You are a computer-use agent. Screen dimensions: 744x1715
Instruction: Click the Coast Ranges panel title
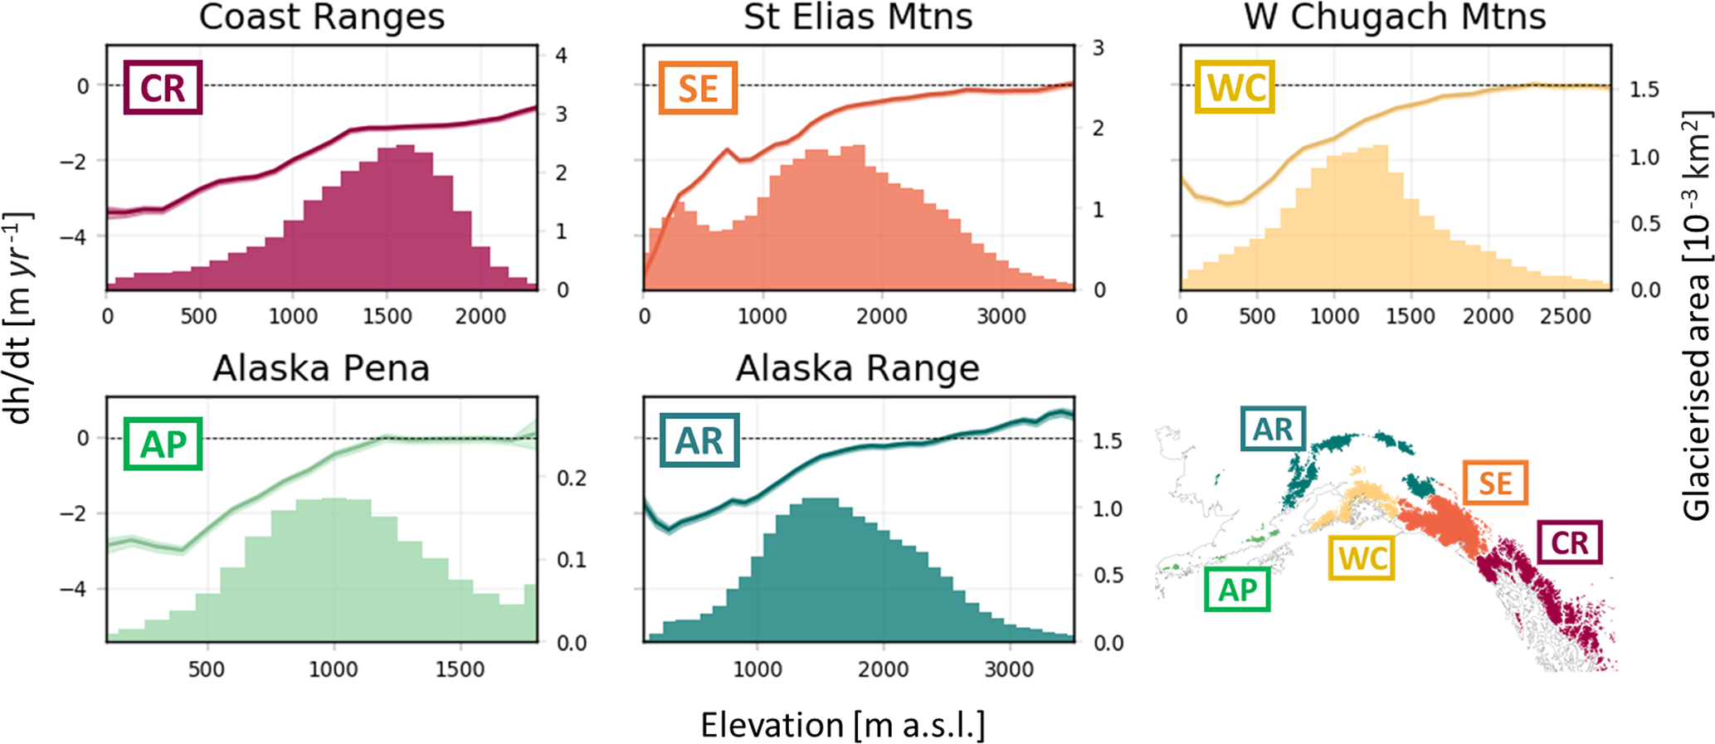[321, 17]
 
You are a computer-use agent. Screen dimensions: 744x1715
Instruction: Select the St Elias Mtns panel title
[858, 17]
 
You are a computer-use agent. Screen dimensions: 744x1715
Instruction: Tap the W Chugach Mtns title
[1395, 17]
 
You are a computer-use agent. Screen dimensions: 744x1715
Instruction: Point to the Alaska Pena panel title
[321, 368]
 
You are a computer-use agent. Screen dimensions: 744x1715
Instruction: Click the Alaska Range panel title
[858, 368]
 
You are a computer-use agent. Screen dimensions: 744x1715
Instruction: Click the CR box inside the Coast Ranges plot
[163, 88]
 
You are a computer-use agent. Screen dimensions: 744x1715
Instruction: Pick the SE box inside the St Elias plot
[698, 88]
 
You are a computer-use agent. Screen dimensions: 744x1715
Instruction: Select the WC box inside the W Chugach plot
[1235, 88]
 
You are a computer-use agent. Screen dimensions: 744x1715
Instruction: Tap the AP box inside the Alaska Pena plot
[163, 444]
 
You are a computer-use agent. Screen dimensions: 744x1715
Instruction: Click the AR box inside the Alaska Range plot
[699, 441]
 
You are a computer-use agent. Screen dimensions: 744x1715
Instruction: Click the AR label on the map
[1273, 429]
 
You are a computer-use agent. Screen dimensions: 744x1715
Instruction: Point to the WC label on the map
[1362, 557]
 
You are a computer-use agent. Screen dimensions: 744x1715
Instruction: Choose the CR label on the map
[1569, 542]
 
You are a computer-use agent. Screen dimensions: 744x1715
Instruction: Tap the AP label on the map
[1237, 589]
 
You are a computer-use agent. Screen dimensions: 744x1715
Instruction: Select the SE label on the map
[1495, 483]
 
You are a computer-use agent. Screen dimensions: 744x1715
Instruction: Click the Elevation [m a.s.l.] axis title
[843, 725]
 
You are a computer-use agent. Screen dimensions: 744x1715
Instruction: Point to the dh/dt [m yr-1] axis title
[18, 319]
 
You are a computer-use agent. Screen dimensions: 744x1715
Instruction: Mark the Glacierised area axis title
[1696, 319]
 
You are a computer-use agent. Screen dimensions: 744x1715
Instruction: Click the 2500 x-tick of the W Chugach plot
[1564, 316]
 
